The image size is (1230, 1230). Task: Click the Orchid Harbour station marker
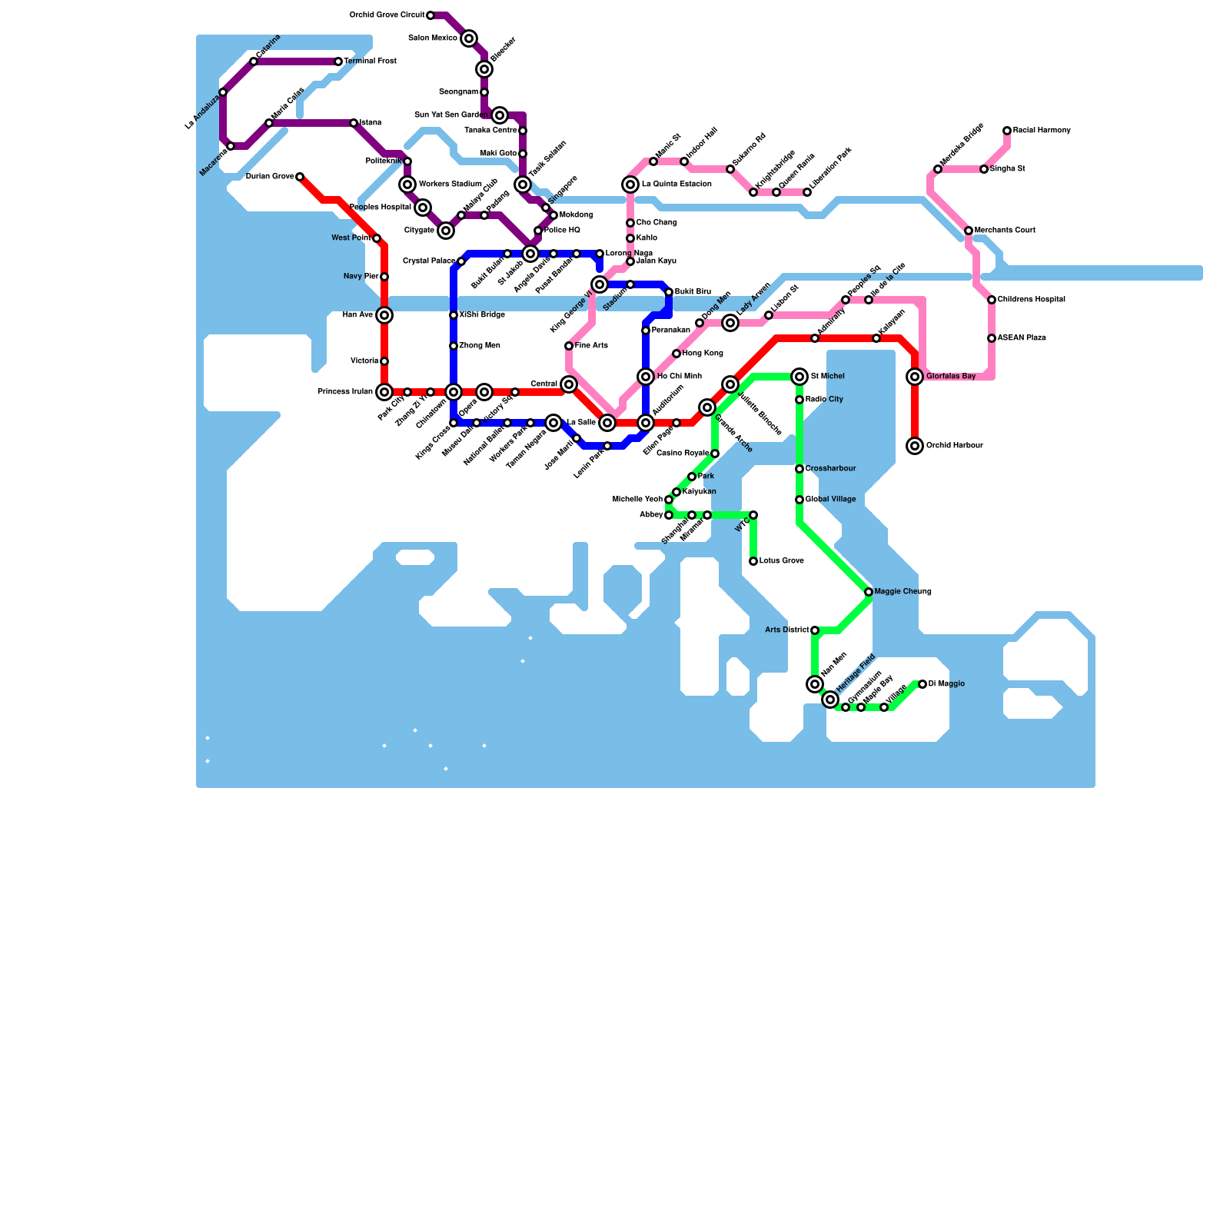tap(915, 446)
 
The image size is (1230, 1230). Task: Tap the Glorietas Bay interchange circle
tap(915, 377)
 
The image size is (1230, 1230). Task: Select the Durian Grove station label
tap(270, 177)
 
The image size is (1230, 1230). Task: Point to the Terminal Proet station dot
tap(338, 61)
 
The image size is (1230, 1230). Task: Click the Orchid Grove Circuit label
tap(387, 15)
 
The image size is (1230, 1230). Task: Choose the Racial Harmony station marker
tap(1007, 131)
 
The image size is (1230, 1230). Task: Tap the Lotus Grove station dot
tap(753, 561)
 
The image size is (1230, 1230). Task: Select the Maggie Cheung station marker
tap(869, 592)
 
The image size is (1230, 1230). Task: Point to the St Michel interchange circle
tap(799, 377)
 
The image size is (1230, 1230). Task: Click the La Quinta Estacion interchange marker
tap(630, 184)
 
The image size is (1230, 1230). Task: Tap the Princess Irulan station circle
tap(384, 392)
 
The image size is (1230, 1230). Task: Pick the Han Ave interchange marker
tap(384, 315)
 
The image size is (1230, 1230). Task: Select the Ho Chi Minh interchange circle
tap(646, 377)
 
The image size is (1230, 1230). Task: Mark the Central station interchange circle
tap(569, 384)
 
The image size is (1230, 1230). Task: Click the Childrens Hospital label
tap(1031, 300)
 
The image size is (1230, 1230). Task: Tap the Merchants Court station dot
tap(969, 231)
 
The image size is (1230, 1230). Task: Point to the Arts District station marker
tap(815, 630)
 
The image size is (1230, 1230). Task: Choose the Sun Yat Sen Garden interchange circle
tap(500, 115)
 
